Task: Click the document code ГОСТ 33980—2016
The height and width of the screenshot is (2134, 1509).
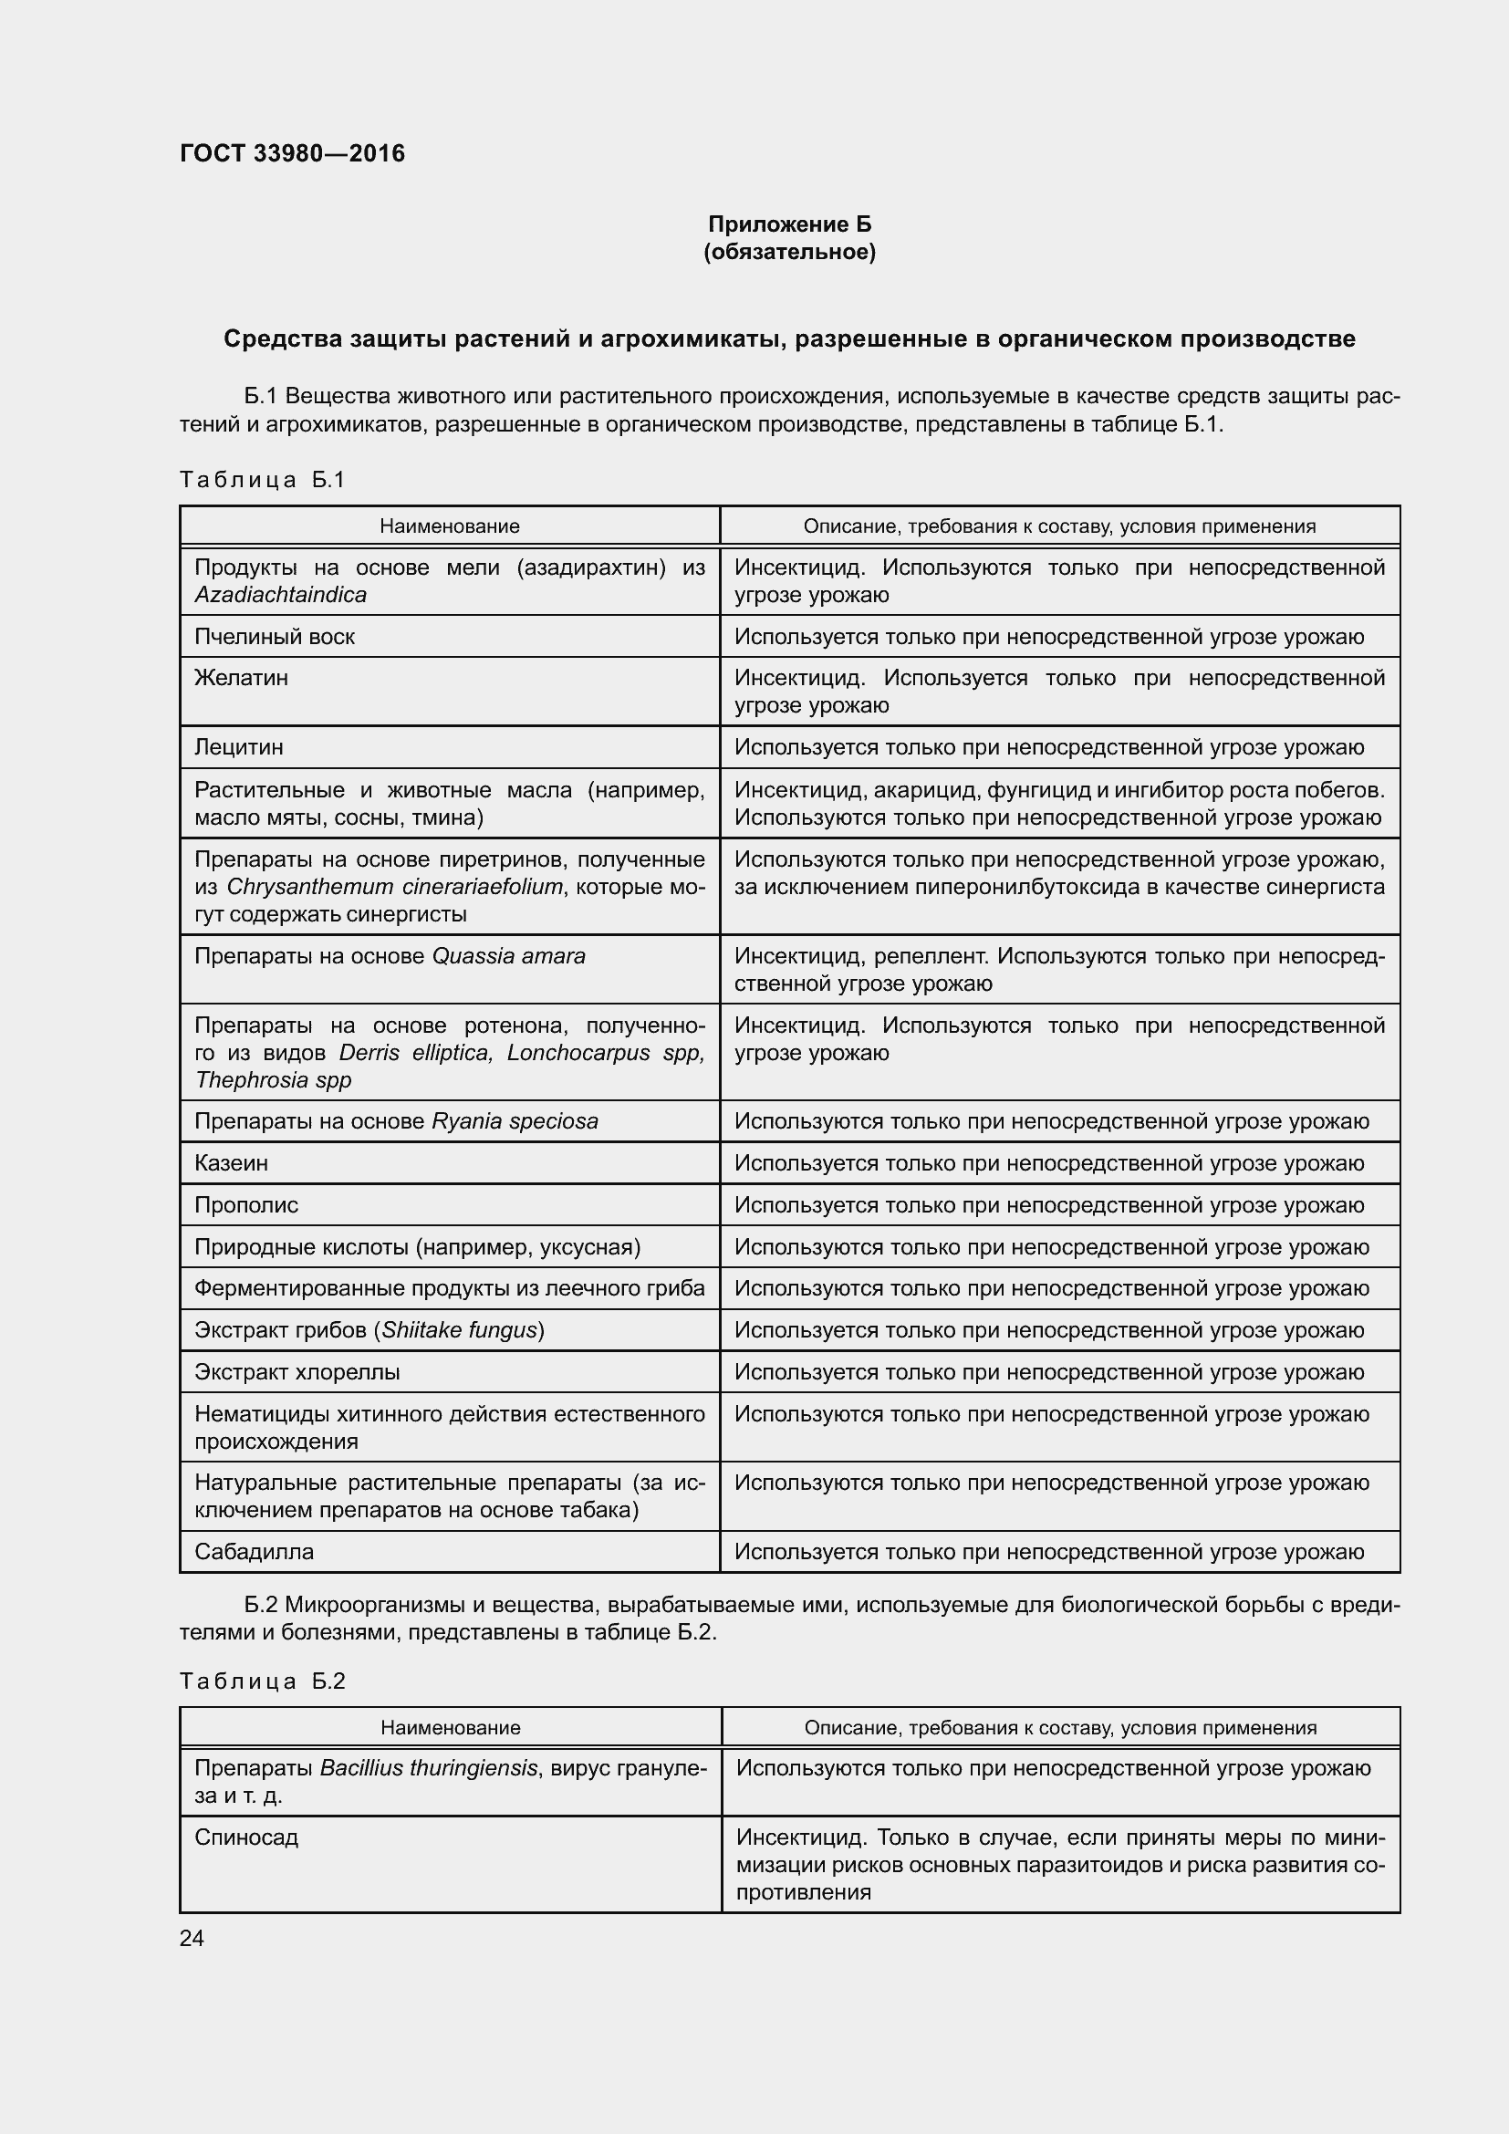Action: click(292, 153)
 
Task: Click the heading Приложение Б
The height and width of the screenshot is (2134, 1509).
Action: click(789, 224)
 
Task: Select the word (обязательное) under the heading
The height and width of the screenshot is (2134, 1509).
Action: click(789, 252)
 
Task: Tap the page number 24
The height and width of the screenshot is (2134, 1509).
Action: click(192, 1938)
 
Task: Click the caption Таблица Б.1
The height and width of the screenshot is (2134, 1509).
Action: click(262, 480)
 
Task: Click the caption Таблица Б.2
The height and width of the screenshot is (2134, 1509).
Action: click(262, 1681)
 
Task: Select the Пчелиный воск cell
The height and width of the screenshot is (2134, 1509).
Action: click(274, 637)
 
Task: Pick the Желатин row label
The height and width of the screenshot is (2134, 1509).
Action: click(242, 678)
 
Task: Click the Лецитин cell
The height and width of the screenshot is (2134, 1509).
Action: click(239, 747)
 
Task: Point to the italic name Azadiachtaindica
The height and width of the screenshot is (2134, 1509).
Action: click(281, 595)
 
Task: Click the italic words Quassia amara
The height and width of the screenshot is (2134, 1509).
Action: click(508, 956)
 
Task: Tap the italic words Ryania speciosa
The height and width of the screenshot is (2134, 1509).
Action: click(515, 1121)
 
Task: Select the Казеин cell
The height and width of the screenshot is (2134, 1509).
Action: click(232, 1162)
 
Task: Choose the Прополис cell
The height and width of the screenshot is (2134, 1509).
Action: click(246, 1204)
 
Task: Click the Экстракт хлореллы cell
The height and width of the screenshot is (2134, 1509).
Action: click(297, 1372)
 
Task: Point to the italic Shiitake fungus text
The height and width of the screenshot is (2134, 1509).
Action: click(459, 1330)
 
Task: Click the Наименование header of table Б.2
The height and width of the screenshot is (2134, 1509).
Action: click(450, 1727)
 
